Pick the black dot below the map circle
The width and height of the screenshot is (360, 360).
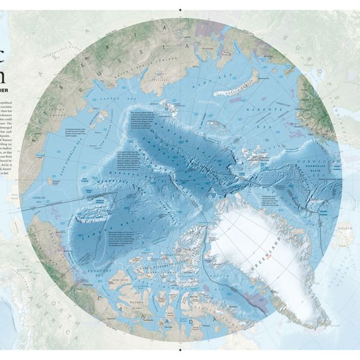point(180,349)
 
